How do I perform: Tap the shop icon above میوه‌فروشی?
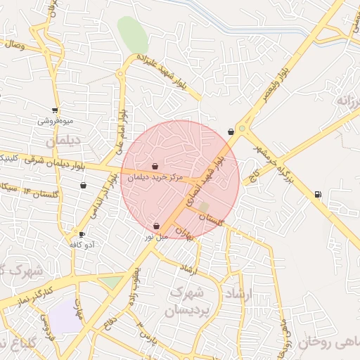click(x=55, y=110)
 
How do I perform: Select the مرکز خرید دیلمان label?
click(x=155, y=178)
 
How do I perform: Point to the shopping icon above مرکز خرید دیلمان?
click(x=155, y=167)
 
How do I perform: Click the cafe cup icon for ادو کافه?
click(x=82, y=234)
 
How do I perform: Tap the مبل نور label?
click(x=157, y=236)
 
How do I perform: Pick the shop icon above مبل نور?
click(x=156, y=226)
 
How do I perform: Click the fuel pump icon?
click(x=318, y=194)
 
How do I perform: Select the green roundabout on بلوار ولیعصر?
click(x=242, y=129)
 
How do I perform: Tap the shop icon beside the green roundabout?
click(x=231, y=131)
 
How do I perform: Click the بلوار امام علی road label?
click(x=120, y=130)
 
